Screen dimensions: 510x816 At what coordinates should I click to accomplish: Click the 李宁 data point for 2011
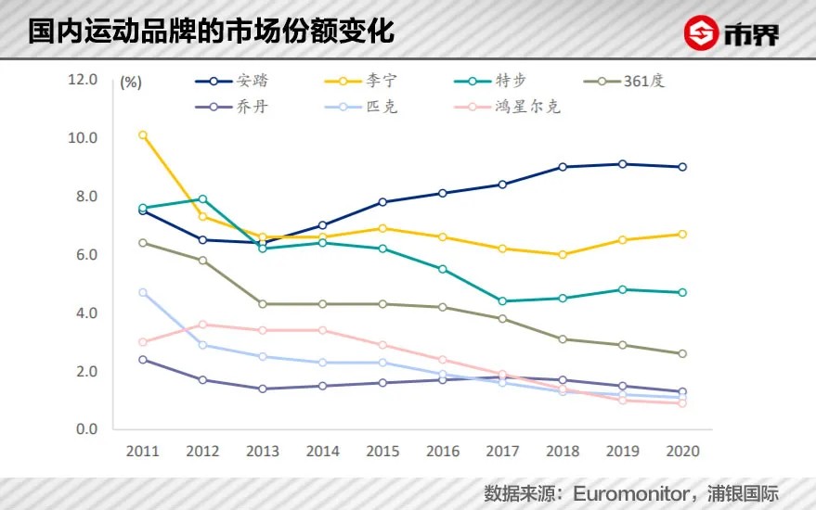(143, 135)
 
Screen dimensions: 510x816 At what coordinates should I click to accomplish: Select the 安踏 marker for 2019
(622, 164)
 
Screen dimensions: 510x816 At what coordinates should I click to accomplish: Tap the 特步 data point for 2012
(202, 199)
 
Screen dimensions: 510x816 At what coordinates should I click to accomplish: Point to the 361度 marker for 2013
(263, 304)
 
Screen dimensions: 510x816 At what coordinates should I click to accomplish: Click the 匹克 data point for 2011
(143, 293)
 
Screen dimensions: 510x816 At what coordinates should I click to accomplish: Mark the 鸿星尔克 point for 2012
(202, 325)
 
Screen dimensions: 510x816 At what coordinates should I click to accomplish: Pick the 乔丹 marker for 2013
(263, 389)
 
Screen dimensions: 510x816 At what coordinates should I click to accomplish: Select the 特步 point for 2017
(502, 301)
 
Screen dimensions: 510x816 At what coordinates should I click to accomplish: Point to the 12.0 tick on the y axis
(84, 80)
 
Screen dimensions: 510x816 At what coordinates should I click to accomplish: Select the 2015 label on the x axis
(382, 452)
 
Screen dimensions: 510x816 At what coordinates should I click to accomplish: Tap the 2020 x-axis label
(681, 452)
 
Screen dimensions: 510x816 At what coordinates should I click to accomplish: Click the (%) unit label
(131, 82)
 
